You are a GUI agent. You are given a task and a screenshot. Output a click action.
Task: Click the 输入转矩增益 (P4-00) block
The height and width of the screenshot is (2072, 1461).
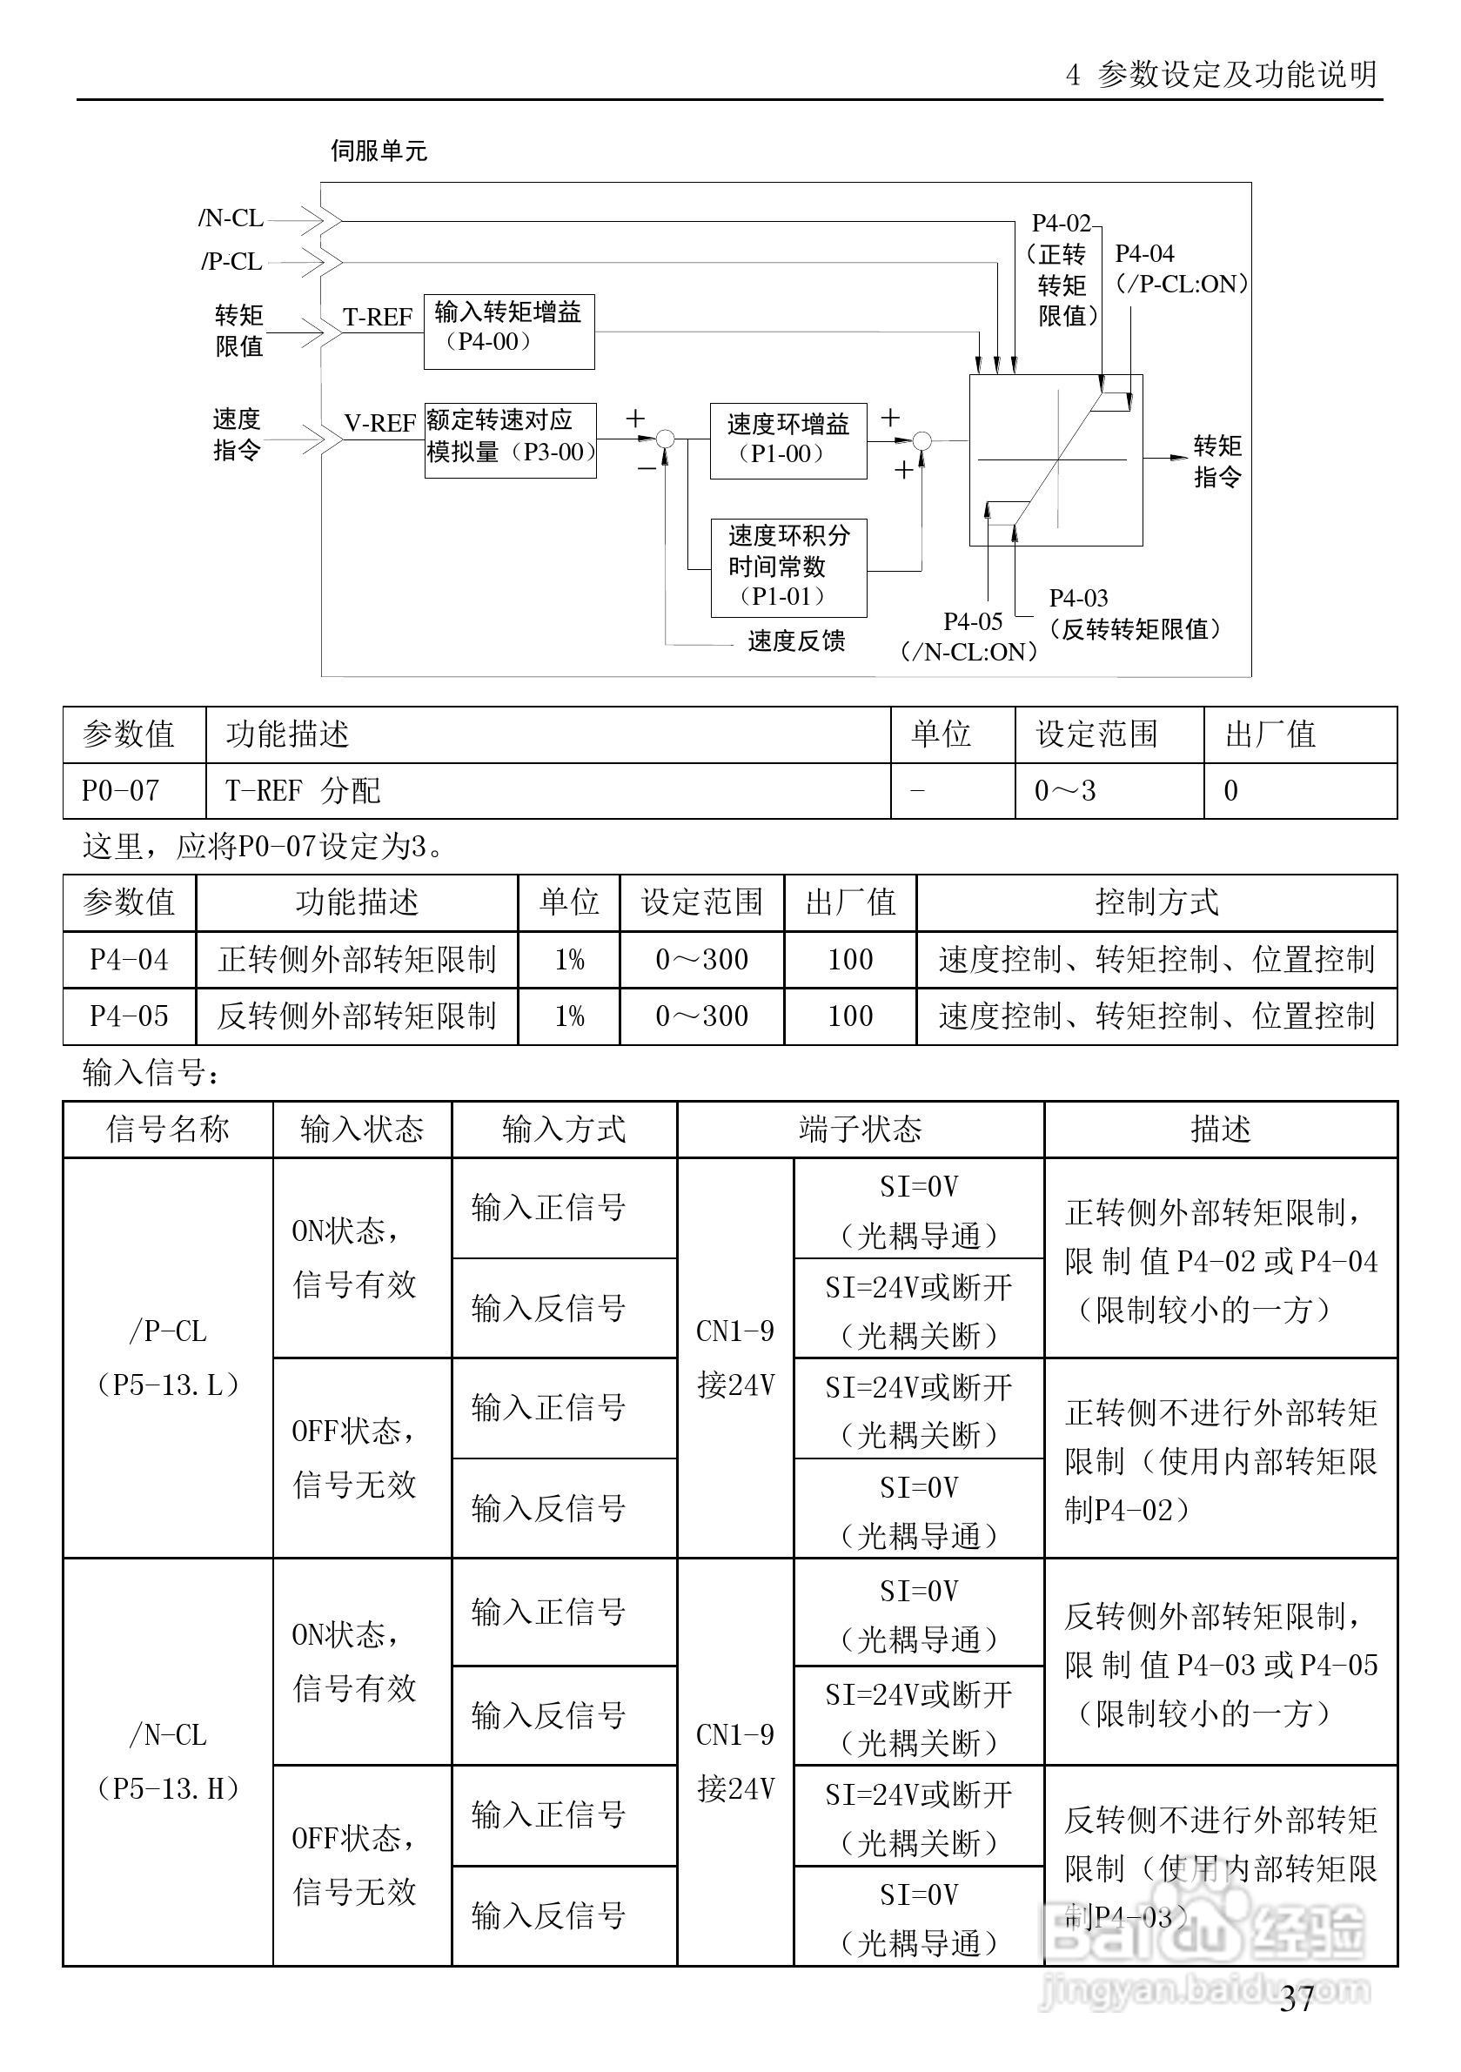(509, 332)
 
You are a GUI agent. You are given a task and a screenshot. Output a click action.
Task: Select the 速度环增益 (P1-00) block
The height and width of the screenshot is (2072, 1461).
(787, 439)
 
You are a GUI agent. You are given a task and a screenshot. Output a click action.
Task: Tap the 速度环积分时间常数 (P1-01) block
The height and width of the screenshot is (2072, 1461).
(788, 567)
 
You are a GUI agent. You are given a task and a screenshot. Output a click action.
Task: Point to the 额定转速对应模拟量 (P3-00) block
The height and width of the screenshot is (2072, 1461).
(510, 439)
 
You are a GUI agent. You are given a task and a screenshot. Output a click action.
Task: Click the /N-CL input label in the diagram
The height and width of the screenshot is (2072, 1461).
(231, 218)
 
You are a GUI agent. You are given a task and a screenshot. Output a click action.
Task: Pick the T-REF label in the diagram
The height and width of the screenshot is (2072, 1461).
(377, 318)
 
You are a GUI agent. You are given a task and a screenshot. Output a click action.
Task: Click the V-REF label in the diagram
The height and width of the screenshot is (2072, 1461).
(380, 423)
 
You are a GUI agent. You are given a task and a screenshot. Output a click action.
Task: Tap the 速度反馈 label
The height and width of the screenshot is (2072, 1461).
(796, 640)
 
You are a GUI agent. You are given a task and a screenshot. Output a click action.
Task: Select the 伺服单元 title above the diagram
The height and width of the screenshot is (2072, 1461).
(379, 151)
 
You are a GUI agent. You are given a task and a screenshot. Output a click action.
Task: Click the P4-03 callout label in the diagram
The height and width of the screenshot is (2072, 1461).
(1078, 599)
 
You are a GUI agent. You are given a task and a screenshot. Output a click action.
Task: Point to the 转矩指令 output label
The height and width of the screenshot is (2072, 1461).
(1217, 461)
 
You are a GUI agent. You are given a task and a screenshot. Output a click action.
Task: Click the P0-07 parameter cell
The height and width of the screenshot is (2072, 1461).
(121, 791)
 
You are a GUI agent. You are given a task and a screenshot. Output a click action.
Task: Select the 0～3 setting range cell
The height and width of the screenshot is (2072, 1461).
(1065, 791)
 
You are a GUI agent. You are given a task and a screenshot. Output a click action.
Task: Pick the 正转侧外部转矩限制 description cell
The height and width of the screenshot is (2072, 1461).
(357, 959)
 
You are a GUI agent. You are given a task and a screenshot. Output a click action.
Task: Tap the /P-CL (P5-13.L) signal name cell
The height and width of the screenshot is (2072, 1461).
(168, 1358)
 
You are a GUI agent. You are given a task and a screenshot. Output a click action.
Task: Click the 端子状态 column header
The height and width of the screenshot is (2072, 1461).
(860, 1129)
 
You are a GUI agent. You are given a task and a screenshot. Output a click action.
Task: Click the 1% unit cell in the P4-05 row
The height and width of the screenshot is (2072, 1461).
(568, 1016)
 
